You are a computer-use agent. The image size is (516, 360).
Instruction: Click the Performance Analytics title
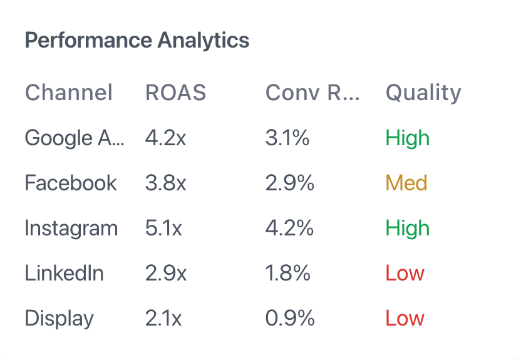(x=137, y=41)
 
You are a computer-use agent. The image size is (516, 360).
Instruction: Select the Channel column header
(x=69, y=93)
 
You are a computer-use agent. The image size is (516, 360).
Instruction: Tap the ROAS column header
(x=175, y=93)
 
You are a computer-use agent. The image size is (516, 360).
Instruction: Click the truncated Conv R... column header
(x=312, y=93)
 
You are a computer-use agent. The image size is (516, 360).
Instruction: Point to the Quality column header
(x=423, y=93)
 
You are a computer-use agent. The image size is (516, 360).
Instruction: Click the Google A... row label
(x=75, y=138)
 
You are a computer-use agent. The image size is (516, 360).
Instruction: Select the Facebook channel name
(x=71, y=183)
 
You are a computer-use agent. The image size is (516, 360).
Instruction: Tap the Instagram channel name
(x=71, y=228)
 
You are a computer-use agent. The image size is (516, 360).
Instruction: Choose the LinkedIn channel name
(x=64, y=273)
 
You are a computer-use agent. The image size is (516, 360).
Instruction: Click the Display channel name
(x=59, y=318)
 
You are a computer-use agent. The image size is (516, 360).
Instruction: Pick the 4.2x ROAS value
(x=165, y=138)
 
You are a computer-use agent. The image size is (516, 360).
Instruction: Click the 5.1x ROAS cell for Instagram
(x=163, y=228)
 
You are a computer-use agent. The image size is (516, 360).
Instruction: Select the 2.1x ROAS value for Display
(x=163, y=318)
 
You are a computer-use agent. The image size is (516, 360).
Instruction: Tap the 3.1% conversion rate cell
(x=287, y=138)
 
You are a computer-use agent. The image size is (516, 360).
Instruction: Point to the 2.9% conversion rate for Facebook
(x=290, y=183)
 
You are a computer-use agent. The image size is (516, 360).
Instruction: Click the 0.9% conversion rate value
(x=290, y=318)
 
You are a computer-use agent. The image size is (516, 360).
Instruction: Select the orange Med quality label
(x=406, y=183)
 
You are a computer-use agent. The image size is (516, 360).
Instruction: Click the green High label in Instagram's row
(x=408, y=228)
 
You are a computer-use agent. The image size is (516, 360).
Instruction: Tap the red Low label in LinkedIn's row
(x=405, y=273)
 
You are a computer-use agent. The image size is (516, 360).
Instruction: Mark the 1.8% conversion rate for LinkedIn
(x=288, y=273)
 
